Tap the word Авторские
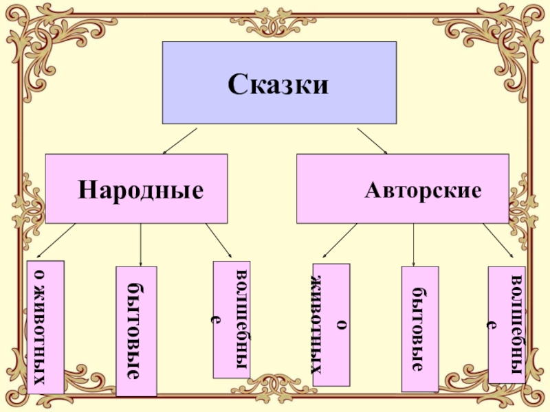(x=422, y=189)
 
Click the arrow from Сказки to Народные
(x=180, y=141)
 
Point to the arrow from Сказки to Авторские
(x=372, y=141)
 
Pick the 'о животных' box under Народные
(x=45, y=326)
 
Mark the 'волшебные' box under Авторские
(x=507, y=325)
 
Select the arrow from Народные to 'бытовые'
(x=140, y=244)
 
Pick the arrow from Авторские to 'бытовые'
(x=413, y=244)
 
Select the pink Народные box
(x=69, y=206)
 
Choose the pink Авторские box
(x=323, y=206)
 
